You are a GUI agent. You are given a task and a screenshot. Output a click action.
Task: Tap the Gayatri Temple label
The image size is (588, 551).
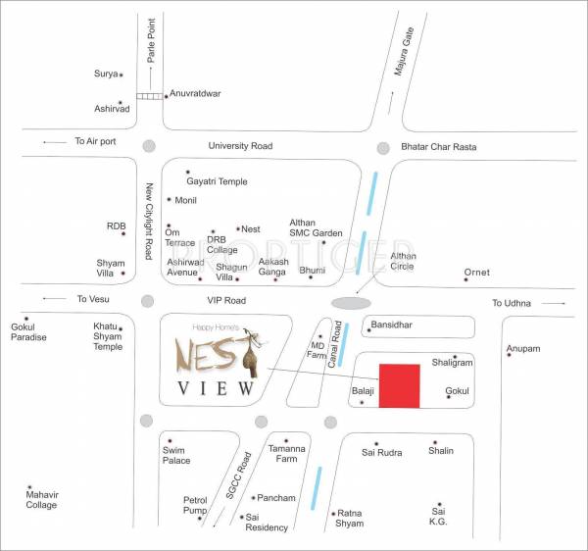click(217, 181)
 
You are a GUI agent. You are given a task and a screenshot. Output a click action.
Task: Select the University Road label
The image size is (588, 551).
click(240, 146)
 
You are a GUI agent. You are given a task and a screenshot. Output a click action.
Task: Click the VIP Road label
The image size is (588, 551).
click(226, 301)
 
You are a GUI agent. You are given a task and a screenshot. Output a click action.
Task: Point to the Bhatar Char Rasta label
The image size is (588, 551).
click(438, 147)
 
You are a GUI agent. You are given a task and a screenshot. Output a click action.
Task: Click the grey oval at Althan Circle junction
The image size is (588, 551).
click(352, 303)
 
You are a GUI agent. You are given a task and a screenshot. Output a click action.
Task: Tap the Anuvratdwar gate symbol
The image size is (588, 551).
click(149, 95)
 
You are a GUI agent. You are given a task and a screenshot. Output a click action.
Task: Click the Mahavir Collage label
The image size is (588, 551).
click(41, 499)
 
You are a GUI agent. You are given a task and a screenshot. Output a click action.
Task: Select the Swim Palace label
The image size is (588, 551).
click(176, 454)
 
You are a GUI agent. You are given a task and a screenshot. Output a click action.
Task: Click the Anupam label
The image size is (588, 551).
click(523, 348)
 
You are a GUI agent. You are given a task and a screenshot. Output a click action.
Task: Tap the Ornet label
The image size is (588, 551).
click(476, 272)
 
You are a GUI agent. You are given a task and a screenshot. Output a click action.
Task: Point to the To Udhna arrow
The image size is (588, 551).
click(553, 304)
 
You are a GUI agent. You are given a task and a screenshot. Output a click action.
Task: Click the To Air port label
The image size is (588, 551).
click(95, 141)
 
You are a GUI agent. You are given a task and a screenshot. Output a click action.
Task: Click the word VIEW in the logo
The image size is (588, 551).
click(217, 388)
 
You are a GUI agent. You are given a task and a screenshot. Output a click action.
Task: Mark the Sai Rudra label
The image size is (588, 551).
click(381, 453)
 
